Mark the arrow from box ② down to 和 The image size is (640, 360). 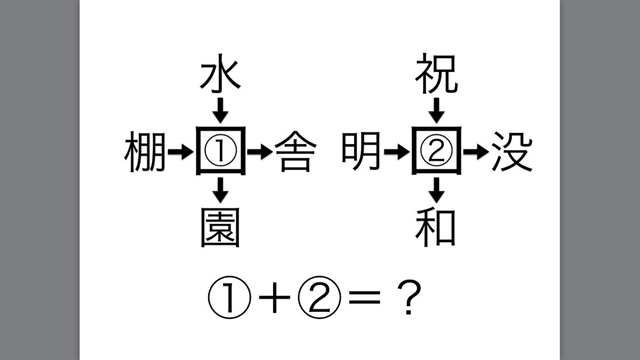pyautogui.click(x=437, y=190)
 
